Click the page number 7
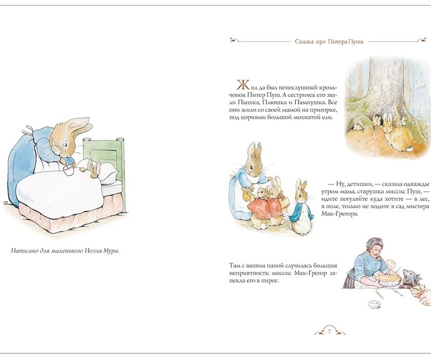pyautogui.click(x=329, y=331)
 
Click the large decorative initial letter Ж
pyautogui.click(x=243, y=85)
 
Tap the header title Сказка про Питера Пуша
pyautogui.click(x=329, y=42)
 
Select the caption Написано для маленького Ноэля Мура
pyautogui.click(x=65, y=251)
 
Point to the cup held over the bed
pyautogui.click(x=68, y=170)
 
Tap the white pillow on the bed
pyautogui.click(x=106, y=173)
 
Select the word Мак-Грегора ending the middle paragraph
pyautogui.click(x=340, y=214)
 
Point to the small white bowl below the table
pyautogui.click(x=375, y=304)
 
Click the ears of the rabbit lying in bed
pyautogui.click(x=94, y=167)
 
